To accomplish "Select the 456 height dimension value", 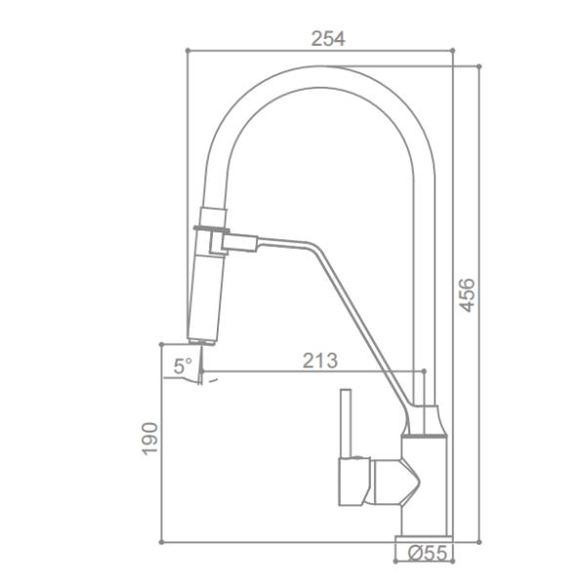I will (x=468, y=295).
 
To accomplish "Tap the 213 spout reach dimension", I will (x=319, y=360).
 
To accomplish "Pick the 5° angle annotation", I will (x=183, y=367).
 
